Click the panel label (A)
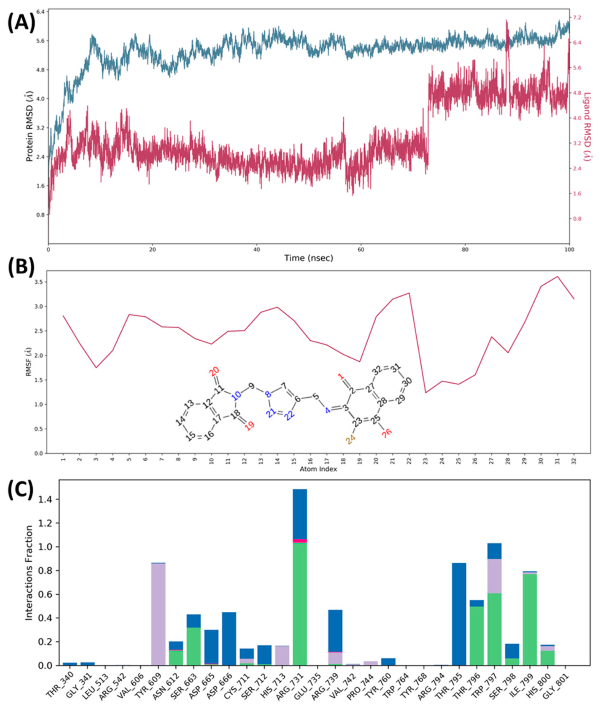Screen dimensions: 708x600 (21, 22)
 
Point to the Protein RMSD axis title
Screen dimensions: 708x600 (29, 126)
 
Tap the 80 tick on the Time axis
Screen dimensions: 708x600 (465, 250)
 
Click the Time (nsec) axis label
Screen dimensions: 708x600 (308, 258)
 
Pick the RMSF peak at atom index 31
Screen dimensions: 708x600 (557, 277)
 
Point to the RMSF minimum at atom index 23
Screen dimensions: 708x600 (425, 392)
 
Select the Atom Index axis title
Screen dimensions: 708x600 (318, 469)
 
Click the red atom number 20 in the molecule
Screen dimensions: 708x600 (214, 371)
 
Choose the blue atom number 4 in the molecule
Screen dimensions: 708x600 (327, 410)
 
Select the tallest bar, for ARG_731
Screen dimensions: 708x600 (300, 578)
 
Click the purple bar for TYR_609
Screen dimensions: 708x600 (158, 614)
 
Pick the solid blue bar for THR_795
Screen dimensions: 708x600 (459, 614)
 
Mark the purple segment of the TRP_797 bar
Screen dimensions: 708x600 (494, 576)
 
